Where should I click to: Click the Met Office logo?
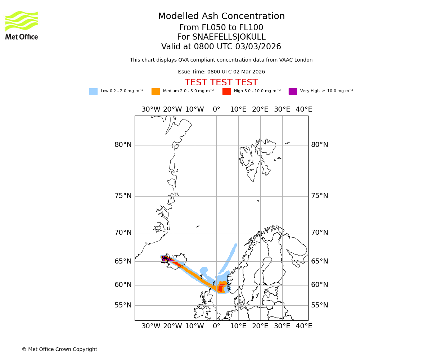[x=22, y=25]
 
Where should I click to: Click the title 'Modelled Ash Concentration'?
[x=221, y=17]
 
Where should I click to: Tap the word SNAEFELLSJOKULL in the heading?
[x=221, y=37]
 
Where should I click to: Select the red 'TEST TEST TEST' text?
[x=221, y=82]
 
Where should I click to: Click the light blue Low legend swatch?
[x=93, y=91]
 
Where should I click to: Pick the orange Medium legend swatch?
[x=156, y=91]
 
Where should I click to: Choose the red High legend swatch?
[x=226, y=91]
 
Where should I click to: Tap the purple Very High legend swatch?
[x=293, y=91]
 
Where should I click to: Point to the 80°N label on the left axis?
[x=123, y=145]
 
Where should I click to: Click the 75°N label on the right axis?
[x=320, y=196]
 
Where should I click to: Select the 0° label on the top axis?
[x=216, y=109]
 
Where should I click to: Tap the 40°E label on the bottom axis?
[x=304, y=326]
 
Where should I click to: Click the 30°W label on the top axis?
[x=151, y=109]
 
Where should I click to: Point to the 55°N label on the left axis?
[x=123, y=305]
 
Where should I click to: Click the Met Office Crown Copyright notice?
[x=59, y=349]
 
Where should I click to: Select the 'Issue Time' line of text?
[x=221, y=72]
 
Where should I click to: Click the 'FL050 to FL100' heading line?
[x=221, y=28]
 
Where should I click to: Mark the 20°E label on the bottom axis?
[x=260, y=326]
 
